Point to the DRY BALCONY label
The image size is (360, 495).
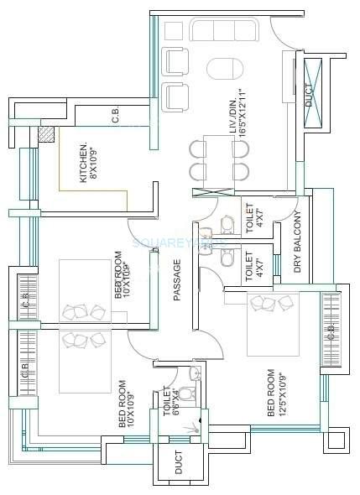(x=298, y=244)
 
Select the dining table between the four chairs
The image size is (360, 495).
(x=221, y=160)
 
